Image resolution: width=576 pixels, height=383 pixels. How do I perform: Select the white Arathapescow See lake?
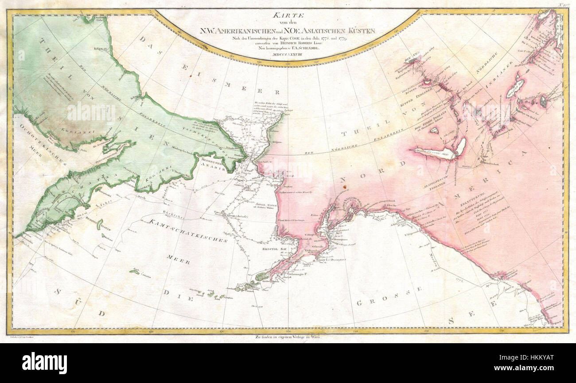tap(436, 152)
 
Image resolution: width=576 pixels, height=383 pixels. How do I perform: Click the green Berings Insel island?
tap(100, 225)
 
